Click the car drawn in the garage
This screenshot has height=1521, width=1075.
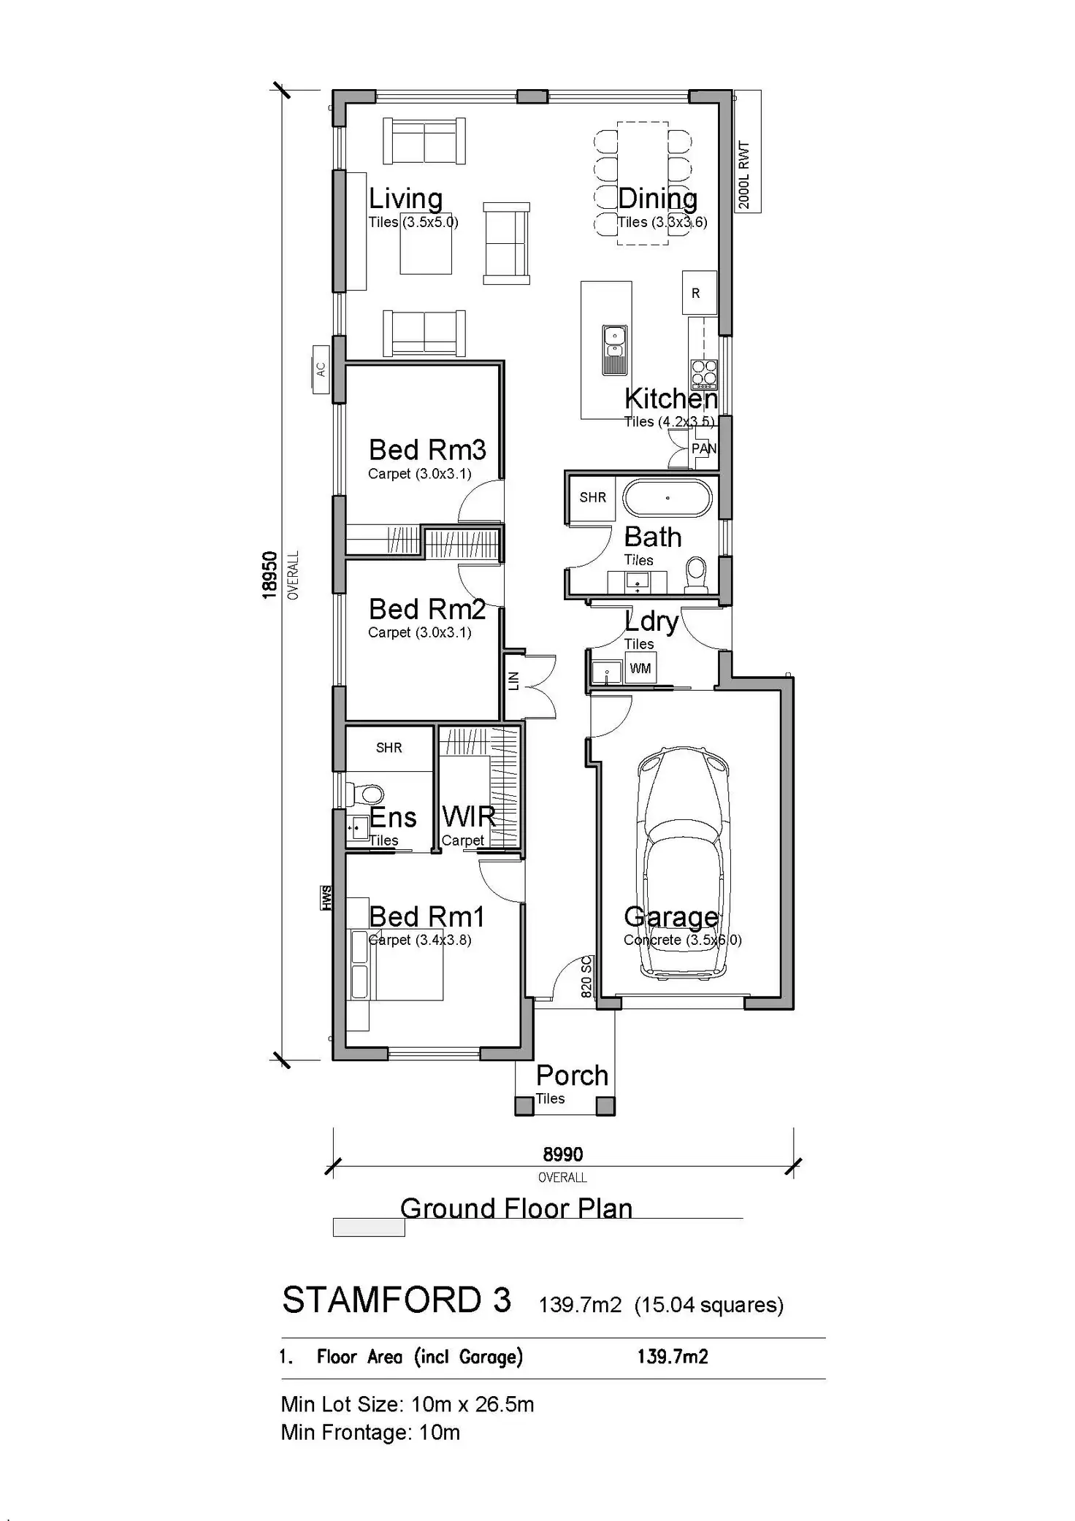pos(684,862)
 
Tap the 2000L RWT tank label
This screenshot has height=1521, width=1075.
pos(745,175)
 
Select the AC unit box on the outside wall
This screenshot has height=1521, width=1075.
pos(321,369)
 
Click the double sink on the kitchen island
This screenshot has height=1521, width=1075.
pos(614,350)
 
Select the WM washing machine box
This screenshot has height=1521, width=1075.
pos(640,668)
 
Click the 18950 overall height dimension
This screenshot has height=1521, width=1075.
pos(269,575)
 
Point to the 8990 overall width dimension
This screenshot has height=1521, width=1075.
pos(562,1154)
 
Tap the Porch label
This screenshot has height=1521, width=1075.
pos(572,1076)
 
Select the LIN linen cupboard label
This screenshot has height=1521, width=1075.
pos(513,681)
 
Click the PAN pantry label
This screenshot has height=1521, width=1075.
pos(704,448)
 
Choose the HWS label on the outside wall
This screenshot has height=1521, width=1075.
pos(326,898)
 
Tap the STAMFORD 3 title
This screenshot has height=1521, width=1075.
pos(397,1300)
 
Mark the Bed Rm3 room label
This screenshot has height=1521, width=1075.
pos(427,450)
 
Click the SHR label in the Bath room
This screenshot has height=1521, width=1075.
pos(592,497)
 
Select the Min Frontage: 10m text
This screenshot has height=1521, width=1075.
pos(370,1433)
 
